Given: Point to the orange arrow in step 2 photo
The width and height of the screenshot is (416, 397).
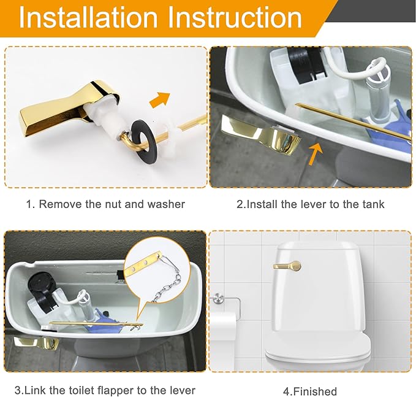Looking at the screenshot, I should tap(316, 151).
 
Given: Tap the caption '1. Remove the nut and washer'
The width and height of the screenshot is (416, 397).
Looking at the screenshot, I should tap(105, 204).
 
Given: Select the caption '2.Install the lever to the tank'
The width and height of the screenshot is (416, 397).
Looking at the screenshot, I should tap(310, 204).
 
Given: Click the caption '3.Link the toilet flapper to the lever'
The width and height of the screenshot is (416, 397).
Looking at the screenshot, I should tap(105, 390).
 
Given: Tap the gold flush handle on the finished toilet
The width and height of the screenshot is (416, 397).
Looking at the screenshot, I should tap(287, 266).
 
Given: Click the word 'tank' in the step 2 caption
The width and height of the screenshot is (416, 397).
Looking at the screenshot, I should tap(372, 204).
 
